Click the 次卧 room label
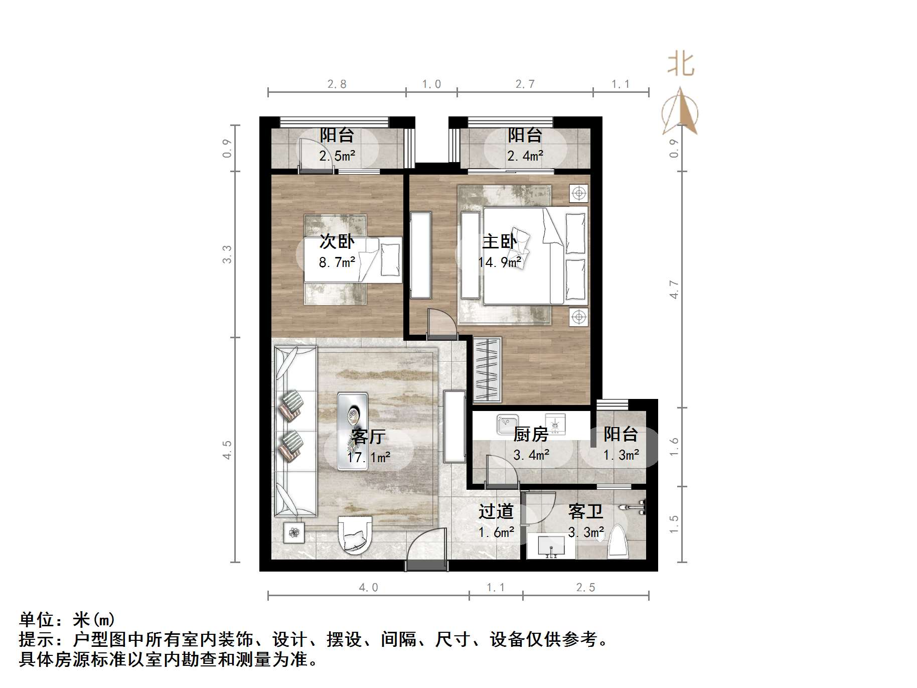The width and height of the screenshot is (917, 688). point(337,241)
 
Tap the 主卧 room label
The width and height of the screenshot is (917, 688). point(499,241)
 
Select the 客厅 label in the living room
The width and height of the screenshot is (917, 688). point(368,436)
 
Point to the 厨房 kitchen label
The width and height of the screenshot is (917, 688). point(531,434)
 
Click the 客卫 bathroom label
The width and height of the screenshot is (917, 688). point(585,512)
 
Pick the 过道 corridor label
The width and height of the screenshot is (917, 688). point(496,511)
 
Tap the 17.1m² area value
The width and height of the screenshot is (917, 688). point(368,457)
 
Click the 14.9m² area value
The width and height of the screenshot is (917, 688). point(499,262)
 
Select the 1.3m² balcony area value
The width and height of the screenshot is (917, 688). point(621,455)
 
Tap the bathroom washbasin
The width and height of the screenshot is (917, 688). point(551,546)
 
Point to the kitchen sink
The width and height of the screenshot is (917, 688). point(508,424)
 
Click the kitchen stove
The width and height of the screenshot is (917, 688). point(555,424)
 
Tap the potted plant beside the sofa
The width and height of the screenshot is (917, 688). point(293,532)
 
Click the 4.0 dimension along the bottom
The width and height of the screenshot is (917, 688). point(368,587)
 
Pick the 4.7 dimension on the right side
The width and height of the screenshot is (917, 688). point(674,290)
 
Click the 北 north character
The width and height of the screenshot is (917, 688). point(680,65)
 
